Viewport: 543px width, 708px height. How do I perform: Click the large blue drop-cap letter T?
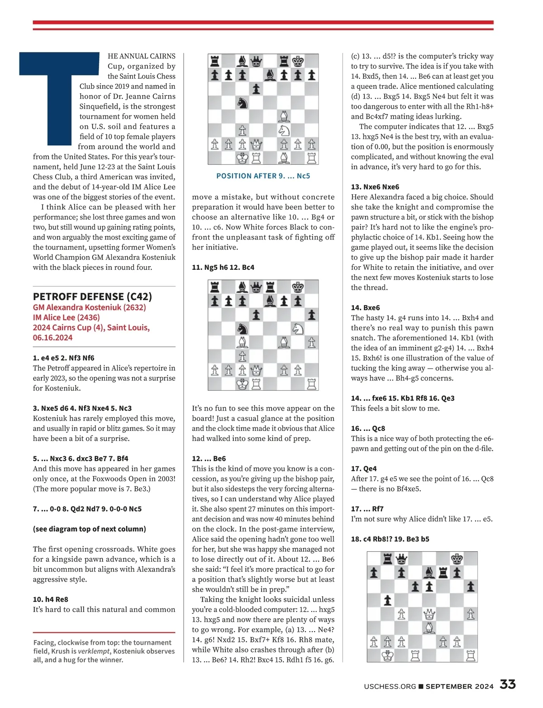tap(59, 91)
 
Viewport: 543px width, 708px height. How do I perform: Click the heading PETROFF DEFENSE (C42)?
tap(92, 297)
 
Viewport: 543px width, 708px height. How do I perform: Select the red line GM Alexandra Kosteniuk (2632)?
tap(89, 307)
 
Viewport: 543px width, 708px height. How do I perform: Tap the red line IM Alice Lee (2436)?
tap(66, 317)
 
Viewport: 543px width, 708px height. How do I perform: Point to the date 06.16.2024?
tap(52, 337)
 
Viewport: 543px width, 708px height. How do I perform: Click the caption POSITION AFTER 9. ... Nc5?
tap(263, 176)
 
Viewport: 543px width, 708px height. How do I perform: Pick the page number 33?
tap(508, 684)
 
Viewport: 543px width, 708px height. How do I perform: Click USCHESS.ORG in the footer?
tap(390, 686)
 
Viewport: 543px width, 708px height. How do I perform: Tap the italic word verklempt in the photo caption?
tap(94, 651)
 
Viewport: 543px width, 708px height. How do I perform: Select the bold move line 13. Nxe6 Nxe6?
tap(375, 187)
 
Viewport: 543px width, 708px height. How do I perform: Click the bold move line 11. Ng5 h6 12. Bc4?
tap(223, 267)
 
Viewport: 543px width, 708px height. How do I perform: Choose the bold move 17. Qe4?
tap(364, 469)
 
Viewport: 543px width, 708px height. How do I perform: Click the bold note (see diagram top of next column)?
tap(89, 529)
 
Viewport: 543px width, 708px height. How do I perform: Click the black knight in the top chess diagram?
tap(243, 103)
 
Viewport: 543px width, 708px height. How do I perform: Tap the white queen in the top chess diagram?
tap(257, 144)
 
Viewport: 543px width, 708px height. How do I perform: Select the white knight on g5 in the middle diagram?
tap(298, 329)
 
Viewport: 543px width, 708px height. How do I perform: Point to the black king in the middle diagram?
tap(298, 287)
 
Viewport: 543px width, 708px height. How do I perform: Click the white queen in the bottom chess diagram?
tap(429, 614)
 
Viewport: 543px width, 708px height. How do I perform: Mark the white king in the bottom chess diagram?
tap(387, 655)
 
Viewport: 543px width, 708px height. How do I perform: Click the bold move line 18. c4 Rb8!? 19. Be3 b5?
tap(390, 539)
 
